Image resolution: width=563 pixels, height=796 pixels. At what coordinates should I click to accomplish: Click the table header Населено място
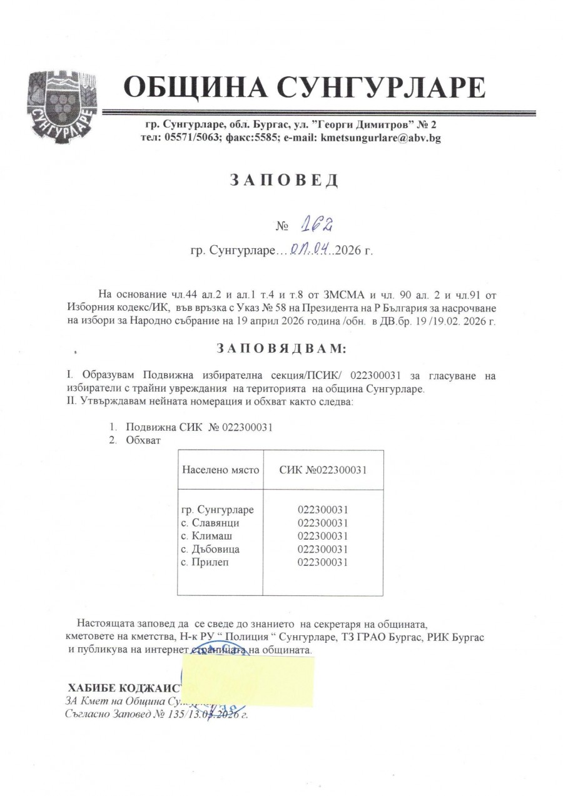click(x=220, y=470)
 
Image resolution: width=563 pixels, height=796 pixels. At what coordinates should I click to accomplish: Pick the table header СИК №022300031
click(x=323, y=470)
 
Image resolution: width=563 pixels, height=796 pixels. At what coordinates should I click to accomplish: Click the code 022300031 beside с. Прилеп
click(x=323, y=562)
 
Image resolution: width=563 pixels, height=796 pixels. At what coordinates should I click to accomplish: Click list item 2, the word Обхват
click(x=143, y=440)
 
